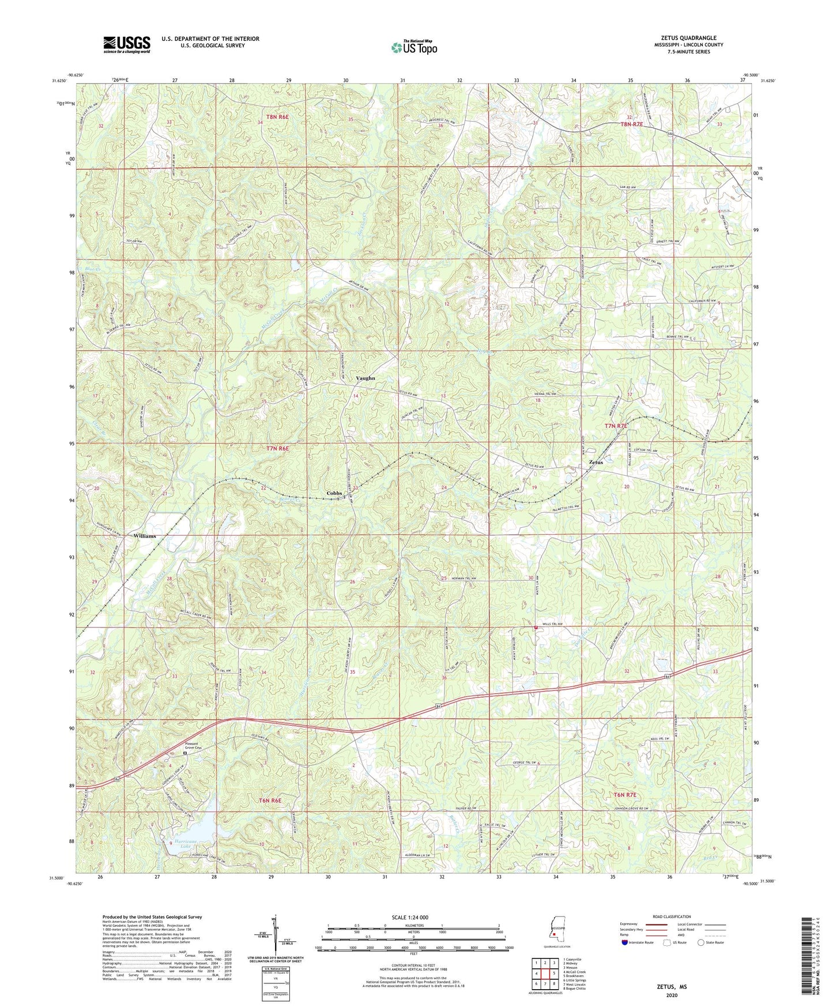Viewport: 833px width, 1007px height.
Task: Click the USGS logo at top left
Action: [x=127, y=44]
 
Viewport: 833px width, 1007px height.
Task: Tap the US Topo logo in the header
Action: [x=413, y=47]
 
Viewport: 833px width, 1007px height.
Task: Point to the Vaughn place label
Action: [x=365, y=378]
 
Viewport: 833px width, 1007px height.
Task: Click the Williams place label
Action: [x=144, y=536]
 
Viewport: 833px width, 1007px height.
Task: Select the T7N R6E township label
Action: [x=277, y=448]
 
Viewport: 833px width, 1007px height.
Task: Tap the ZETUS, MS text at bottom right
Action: [x=671, y=987]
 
